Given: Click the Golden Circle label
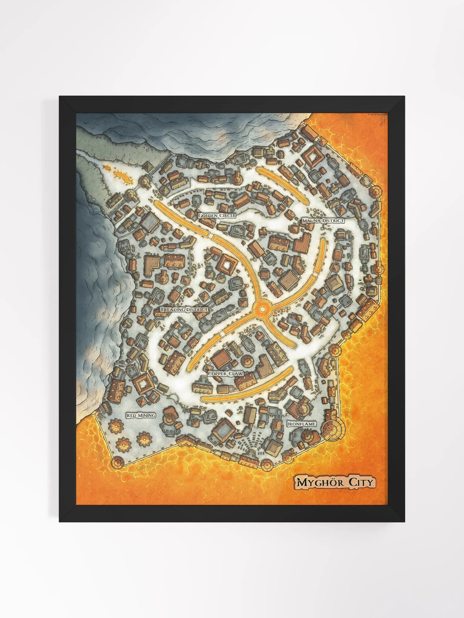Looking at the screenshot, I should [217, 216].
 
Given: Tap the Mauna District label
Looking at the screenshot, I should [323, 221].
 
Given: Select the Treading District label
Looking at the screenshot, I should [184, 310].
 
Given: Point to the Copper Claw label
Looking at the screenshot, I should [226, 374].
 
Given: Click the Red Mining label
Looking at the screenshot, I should [141, 416].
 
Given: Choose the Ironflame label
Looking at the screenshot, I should [301, 424].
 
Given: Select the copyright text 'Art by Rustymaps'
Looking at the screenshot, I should [378, 114].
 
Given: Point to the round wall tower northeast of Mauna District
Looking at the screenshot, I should [376, 191].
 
